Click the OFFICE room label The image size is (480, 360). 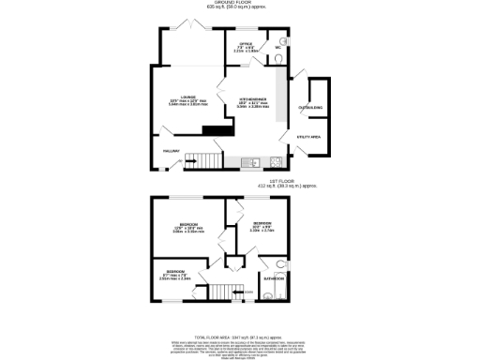click(x=247, y=43)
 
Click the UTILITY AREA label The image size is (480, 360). click(x=310, y=137)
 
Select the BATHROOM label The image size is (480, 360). click(x=274, y=279)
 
